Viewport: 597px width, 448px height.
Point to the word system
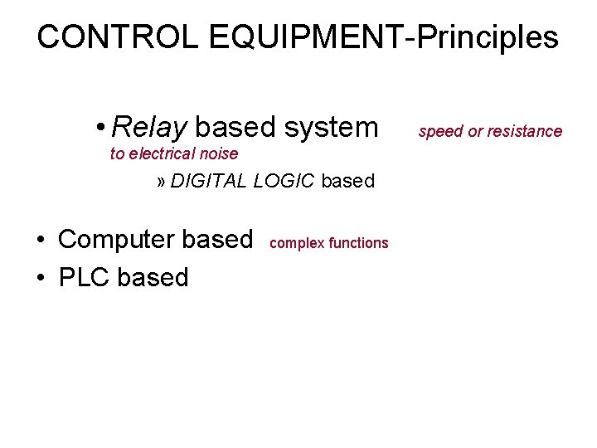pos(331,127)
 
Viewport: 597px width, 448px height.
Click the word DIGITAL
pos(208,181)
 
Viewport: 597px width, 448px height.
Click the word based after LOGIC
pos(347,181)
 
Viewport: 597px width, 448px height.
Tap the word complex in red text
pos(297,243)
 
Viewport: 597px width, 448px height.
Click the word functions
pos(358,243)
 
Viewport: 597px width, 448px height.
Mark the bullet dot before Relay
pos(99,128)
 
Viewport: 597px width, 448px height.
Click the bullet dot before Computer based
pos(40,240)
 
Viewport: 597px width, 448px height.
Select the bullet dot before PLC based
pos(40,278)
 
